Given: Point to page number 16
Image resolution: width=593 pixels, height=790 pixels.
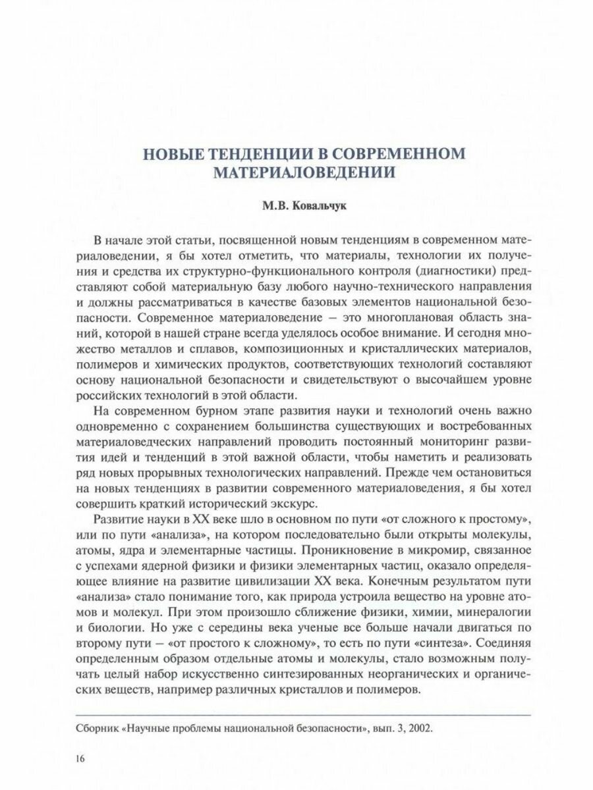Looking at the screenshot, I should (81, 759).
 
